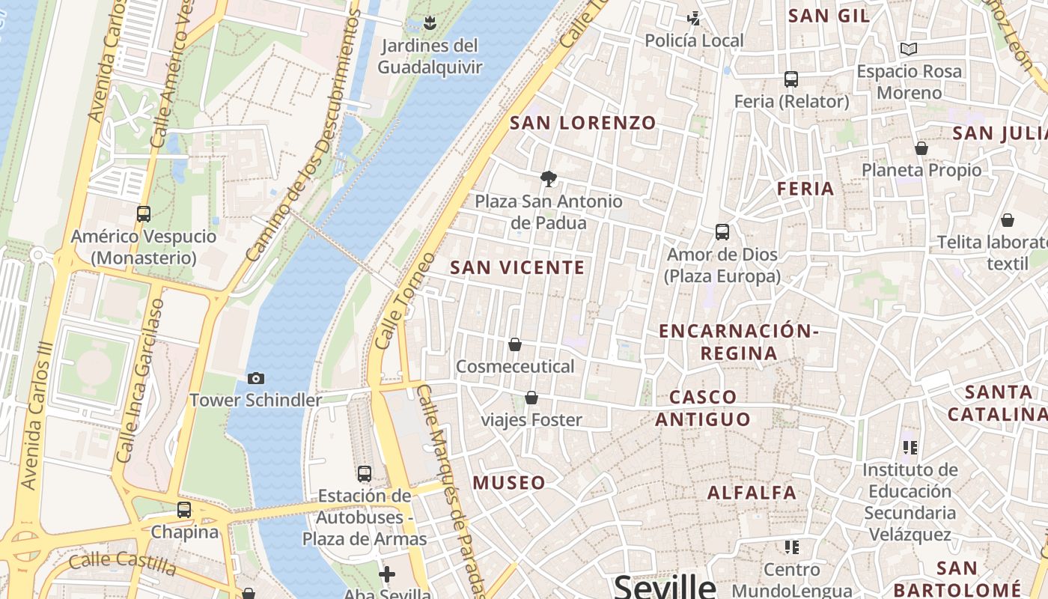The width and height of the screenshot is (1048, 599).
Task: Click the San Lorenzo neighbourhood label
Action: [582, 123]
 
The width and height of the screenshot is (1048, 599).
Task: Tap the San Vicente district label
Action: [517, 267]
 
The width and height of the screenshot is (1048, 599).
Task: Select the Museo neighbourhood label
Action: [509, 483]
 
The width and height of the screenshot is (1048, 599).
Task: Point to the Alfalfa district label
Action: [752, 493]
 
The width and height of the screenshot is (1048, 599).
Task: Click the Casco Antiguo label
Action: [703, 408]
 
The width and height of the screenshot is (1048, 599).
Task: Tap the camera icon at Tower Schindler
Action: [256, 378]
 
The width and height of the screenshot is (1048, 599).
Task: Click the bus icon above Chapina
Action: [184, 510]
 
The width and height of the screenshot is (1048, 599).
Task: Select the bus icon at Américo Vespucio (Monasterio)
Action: [144, 214]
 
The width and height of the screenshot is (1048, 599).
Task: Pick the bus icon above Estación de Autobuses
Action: [365, 473]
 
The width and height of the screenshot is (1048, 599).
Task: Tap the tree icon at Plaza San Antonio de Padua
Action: [549, 178]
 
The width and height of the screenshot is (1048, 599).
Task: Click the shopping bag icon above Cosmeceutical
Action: [515, 344]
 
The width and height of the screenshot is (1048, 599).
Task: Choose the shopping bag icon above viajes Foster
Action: [531, 398]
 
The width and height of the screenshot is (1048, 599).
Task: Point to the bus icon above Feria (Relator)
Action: [791, 79]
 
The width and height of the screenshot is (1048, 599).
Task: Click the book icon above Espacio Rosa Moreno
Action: [909, 49]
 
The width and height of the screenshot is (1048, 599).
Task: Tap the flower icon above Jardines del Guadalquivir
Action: [430, 23]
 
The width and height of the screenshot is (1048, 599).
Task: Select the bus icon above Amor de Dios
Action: [722, 232]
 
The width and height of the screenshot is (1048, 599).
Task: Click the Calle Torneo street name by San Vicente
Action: [405, 300]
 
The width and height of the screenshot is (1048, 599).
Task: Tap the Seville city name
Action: [665, 586]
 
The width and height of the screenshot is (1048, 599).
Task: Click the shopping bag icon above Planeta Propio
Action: [921, 148]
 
